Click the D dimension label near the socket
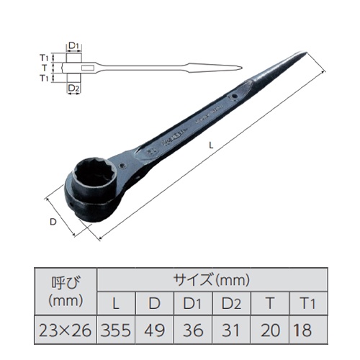click(53, 222)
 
